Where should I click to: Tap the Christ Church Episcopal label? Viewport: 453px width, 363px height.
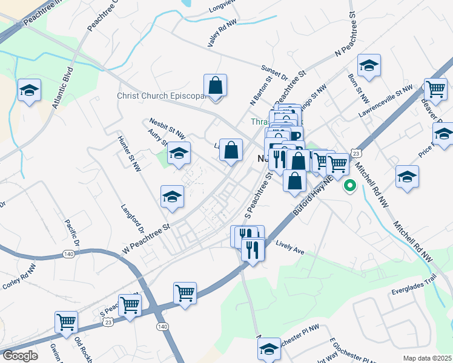159,96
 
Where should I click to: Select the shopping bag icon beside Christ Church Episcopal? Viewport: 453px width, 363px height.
215,86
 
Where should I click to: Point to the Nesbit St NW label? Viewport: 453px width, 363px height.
167,123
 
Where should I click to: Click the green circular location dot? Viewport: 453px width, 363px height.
349,186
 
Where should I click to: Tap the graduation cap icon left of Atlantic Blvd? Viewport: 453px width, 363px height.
29,91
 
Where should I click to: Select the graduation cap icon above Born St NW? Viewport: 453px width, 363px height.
368,66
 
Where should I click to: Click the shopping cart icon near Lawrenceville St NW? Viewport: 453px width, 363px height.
435,90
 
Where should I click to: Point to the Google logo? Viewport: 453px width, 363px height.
19,356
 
